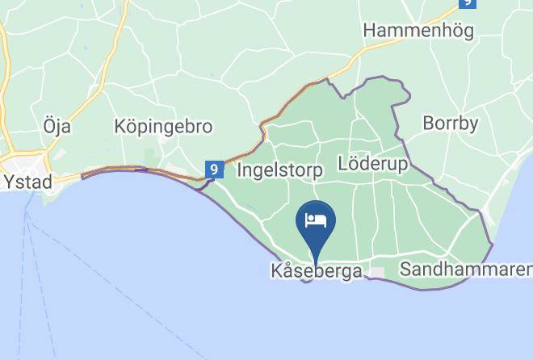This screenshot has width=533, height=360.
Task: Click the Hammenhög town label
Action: (418, 31)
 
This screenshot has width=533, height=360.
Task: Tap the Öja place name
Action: (57, 127)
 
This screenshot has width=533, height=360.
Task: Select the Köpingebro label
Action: (163, 127)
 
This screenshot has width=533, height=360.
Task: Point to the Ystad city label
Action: (28, 182)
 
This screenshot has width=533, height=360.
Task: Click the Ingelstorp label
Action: (279, 170)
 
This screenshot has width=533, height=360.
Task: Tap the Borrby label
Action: (451, 124)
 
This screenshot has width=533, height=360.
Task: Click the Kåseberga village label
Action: (316, 271)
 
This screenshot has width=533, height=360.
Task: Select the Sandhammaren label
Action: (466, 268)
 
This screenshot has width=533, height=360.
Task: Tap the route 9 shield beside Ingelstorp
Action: (214, 170)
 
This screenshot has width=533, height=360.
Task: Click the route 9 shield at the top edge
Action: (467, 3)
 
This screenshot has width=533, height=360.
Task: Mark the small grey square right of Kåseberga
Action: (376, 273)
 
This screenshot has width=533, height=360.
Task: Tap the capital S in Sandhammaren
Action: (405, 268)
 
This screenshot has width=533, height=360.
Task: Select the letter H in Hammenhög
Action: (370, 31)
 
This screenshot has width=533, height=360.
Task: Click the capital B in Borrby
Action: (429, 124)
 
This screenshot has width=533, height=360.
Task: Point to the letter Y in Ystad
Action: (10, 182)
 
